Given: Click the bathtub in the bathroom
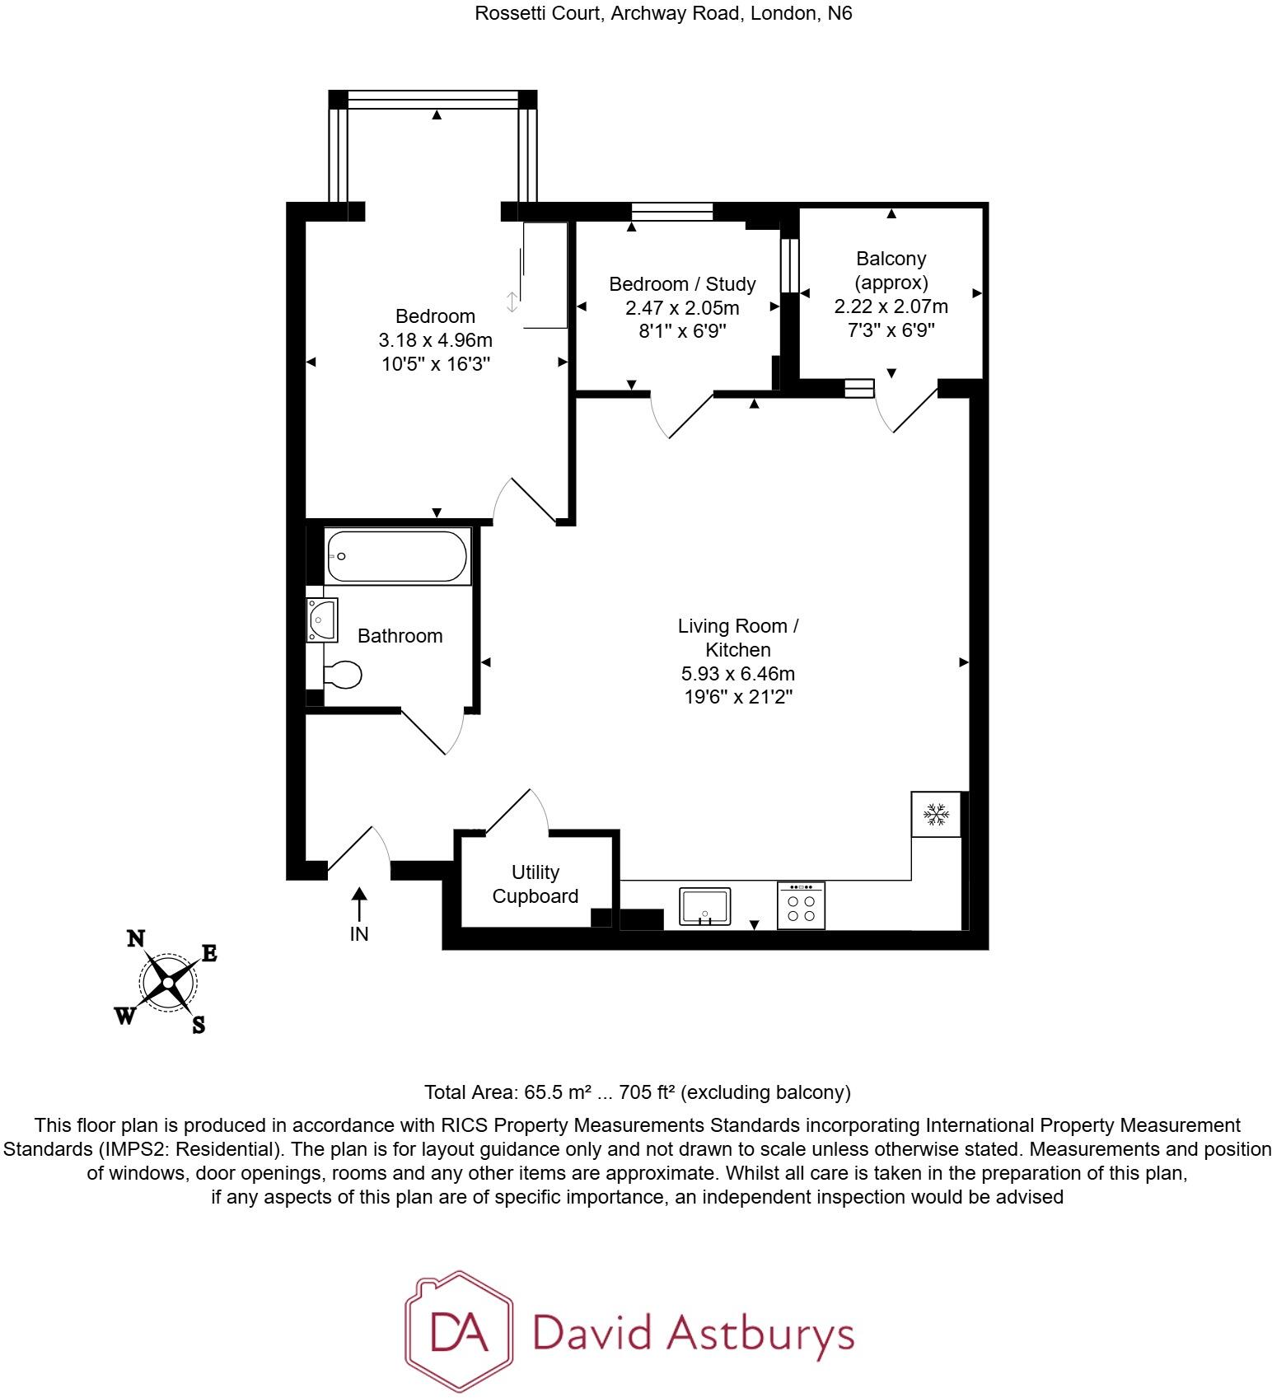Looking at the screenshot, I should tap(398, 557).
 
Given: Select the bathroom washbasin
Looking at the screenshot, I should tap(321, 620).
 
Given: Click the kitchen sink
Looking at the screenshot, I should tap(704, 906).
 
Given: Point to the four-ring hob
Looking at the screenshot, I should tap(801, 906).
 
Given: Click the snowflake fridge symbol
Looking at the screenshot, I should tap(936, 815).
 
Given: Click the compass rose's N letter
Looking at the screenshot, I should tap(136, 939).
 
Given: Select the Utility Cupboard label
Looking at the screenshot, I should tap(535, 884).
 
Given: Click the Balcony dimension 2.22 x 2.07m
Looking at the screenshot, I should tap(891, 306).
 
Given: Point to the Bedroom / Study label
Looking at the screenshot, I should tap(682, 284).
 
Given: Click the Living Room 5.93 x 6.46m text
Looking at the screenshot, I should tap(737, 673).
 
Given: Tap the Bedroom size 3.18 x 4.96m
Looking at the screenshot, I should tap(435, 339).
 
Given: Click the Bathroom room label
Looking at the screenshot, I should tap(400, 636).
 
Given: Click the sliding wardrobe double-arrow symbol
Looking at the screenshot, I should tap(512, 302).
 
